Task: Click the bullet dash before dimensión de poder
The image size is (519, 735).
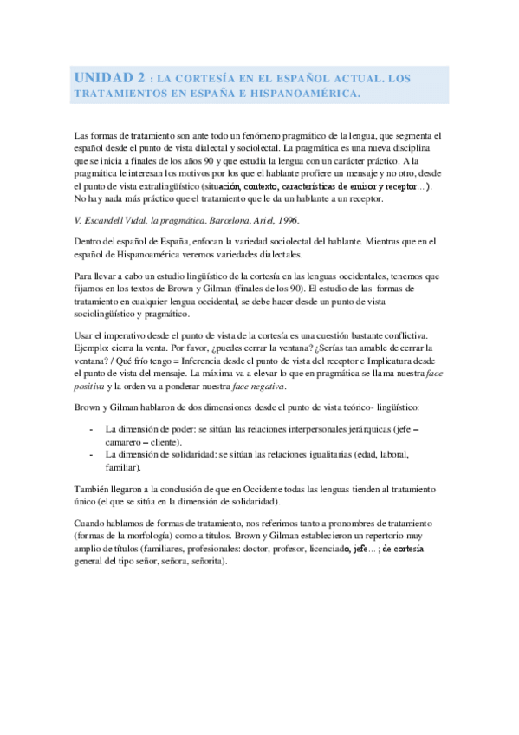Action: point(92,429)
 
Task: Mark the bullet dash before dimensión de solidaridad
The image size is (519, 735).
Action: point(92,454)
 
